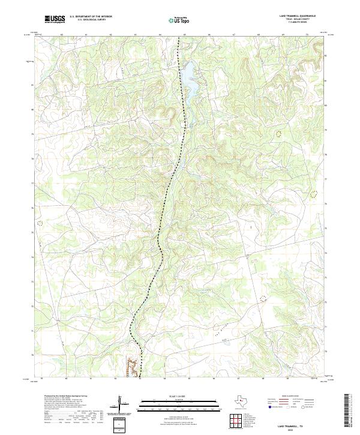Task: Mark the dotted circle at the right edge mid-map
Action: click(x=313, y=193)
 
